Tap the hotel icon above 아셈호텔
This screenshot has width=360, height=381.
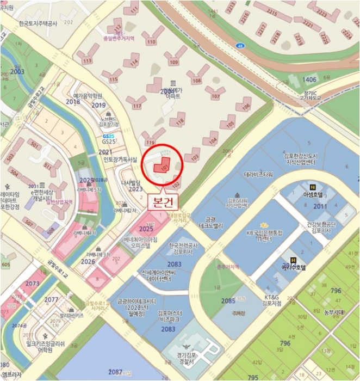point(312,186)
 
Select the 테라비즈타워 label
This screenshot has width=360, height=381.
point(258,175)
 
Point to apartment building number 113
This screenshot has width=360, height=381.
point(87,61)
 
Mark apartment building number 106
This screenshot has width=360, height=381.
point(246,106)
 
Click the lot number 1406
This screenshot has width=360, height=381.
point(309,80)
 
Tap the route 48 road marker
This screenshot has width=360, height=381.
point(240,46)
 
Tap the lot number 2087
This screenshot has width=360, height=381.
point(115,372)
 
